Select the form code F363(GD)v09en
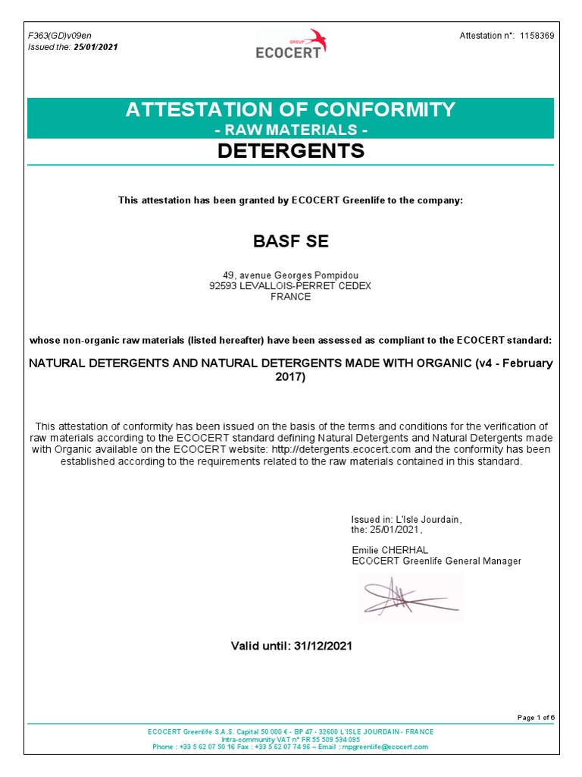[60, 36]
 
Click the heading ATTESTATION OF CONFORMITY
[291, 109]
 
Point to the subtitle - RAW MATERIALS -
[291, 130]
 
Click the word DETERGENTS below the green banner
[291, 151]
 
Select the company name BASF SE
[291, 242]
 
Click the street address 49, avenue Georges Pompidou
[291, 275]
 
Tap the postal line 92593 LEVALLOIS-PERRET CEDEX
[291, 286]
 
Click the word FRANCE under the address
[291, 297]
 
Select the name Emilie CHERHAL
[391, 549]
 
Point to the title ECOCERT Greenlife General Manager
[436, 561]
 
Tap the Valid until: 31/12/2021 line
[291, 646]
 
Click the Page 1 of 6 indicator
[535, 717]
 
